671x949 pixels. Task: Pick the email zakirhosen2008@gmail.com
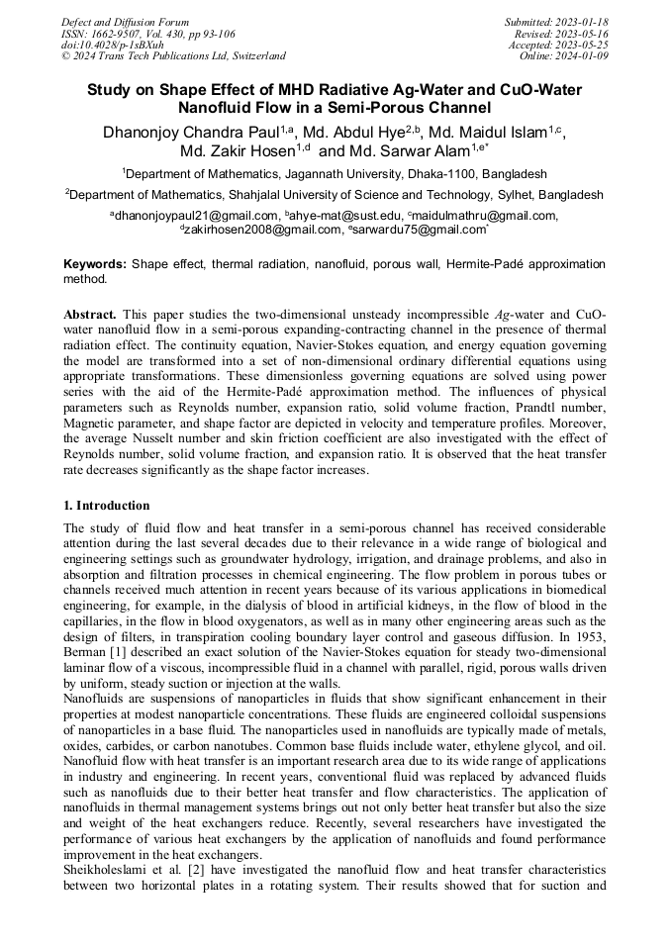point(260,229)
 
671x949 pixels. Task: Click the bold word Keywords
point(95,265)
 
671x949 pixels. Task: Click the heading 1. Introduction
point(107,506)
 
